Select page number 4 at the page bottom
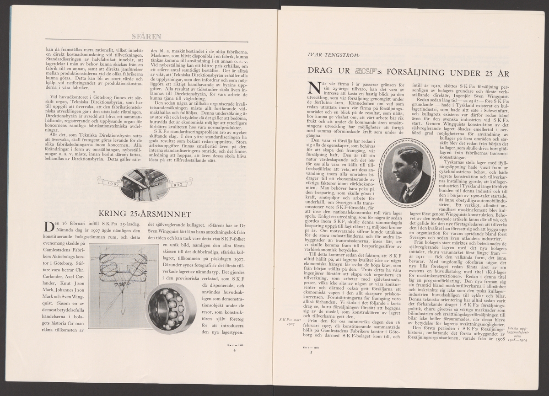pyautogui.click(x=234, y=350)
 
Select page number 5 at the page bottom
pyautogui.click(x=311, y=352)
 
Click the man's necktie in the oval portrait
pyautogui.click(x=406, y=195)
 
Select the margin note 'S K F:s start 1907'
pyautogui.click(x=287, y=320)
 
